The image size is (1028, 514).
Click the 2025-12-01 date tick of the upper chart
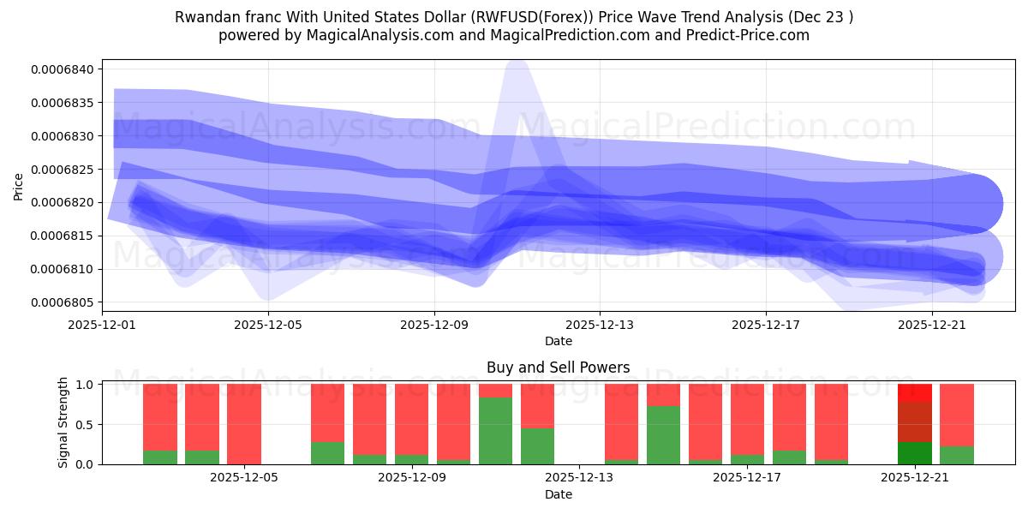(x=103, y=325)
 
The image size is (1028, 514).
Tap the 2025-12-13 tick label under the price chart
(x=600, y=325)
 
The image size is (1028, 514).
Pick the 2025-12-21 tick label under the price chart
(x=931, y=325)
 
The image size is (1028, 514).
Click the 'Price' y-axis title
(x=19, y=185)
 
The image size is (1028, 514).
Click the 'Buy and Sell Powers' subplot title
(x=558, y=368)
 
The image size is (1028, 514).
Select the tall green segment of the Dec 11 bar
(x=496, y=431)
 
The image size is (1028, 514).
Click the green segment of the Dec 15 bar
(x=664, y=435)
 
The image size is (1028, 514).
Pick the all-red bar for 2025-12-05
(x=244, y=424)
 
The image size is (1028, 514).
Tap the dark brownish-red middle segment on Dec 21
(x=915, y=421)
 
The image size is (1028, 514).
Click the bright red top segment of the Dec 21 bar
(x=915, y=393)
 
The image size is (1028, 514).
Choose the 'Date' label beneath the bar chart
(x=558, y=494)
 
